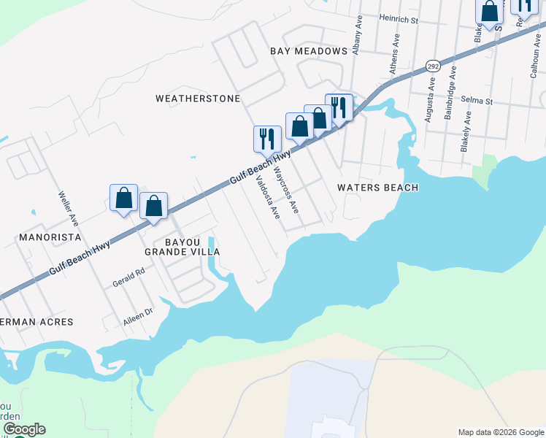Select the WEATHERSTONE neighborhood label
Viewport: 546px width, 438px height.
(198, 98)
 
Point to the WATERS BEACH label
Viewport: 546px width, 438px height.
(377, 188)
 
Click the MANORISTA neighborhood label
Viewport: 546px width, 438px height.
(49, 237)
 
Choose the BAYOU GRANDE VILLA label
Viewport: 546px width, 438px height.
(182, 245)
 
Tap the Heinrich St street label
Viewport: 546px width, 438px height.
(398, 20)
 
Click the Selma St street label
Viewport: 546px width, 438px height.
(478, 101)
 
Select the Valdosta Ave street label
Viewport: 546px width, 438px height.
(266, 197)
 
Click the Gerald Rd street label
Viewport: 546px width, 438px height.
(129, 277)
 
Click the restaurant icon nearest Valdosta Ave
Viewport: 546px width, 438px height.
(267, 137)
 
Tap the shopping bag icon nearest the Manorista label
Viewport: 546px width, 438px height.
(123, 197)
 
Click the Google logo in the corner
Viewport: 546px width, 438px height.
(23, 429)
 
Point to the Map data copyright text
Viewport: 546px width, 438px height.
(500, 432)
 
